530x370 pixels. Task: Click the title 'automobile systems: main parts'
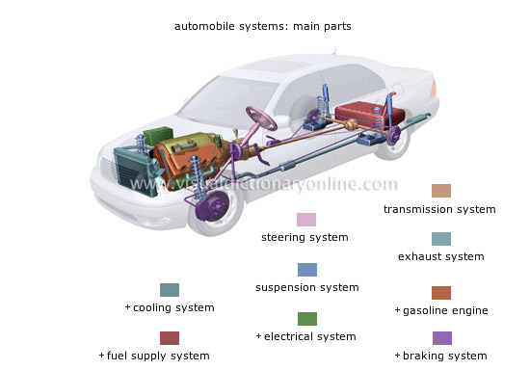[x=262, y=26]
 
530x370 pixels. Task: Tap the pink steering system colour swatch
[x=306, y=220]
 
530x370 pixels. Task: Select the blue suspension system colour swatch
[x=306, y=270]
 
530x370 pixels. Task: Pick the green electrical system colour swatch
[x=306, y=319]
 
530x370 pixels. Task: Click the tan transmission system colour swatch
[x=440, y=191]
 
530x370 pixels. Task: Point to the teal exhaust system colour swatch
[x=440, y=239]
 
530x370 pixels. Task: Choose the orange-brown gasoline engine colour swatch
[x=440, y=293]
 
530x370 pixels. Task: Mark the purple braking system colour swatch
[x=440, y=338]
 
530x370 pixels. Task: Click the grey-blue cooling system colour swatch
[x=170, y=290]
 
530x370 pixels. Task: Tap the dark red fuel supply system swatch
[x=170, y=338]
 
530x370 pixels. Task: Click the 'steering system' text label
[x=305, y=237]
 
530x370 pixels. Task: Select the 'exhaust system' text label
[x=440, y=257]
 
